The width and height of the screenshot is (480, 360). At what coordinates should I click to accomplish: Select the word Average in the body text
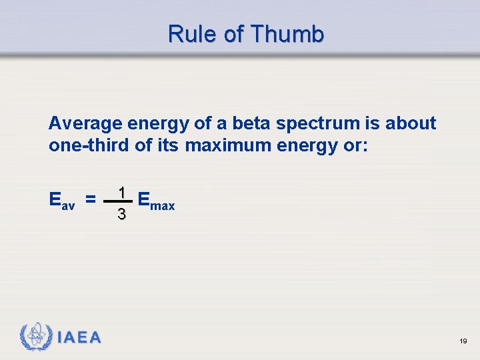tap(83, 123)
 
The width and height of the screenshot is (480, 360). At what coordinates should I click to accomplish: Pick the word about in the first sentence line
tap(411, 123)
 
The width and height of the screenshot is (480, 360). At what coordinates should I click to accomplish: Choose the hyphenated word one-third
tap(89, 145)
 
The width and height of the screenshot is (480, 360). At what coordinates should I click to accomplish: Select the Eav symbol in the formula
tap(62, 199)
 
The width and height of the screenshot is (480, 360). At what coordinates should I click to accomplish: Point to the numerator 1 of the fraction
tap(121, 193)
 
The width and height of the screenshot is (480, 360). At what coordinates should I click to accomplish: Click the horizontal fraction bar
tap(119, 202)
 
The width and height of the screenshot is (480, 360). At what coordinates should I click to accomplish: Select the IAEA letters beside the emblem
tap(79, 337)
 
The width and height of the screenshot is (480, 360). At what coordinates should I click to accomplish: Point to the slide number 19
tap(463, 341)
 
